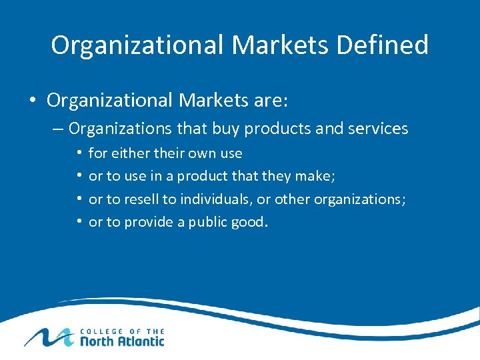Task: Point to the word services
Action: click(x=378, y=128)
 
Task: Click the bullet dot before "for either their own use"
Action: click(x=79, y=153)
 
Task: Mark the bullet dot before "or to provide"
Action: click(x=79, y=221)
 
